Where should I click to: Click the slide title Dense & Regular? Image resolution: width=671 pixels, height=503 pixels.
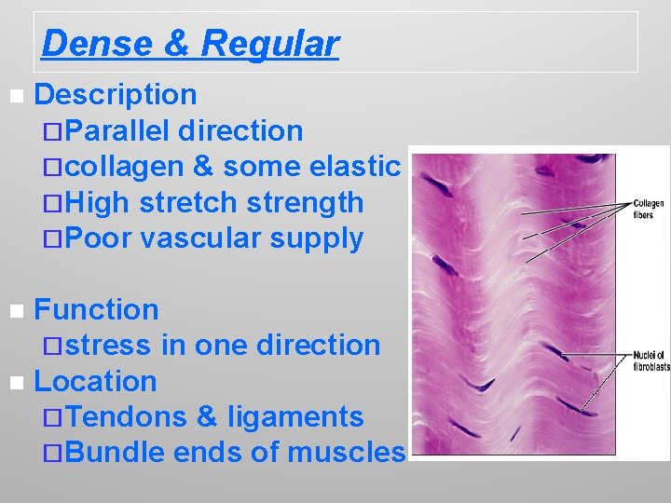pyautogui.click(x=190, y=43)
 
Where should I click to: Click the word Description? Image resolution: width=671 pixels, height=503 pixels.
pyautogui.click(x=115, y=94)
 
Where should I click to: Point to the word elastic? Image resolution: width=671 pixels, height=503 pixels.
pyautogui.click(x=357, y=167)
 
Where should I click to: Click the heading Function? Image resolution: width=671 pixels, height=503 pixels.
pyautogui.click(x=96, y=309)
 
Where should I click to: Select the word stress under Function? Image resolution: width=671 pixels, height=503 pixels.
pyautogui.click(x=108, y=345)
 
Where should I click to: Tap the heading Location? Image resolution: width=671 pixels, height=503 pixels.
pyautogui.click(x=95, y=381)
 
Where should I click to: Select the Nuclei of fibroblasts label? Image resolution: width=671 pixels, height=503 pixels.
pyautogui.click(x=650, y=360)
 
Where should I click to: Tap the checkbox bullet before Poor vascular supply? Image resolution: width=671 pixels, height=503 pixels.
pyautogui.click(x=52, y=238)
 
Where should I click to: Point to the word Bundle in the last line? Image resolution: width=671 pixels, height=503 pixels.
pyautogui.click(x=116, y=453)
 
